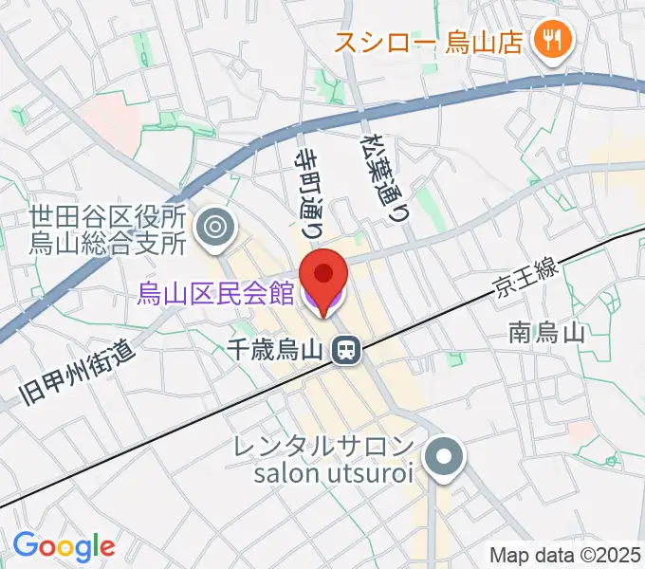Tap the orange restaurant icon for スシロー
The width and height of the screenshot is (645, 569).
[549, 39]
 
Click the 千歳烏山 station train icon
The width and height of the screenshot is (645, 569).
[346, 351]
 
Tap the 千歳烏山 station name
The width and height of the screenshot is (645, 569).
[278, 351]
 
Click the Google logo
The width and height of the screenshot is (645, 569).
[64, 546]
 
